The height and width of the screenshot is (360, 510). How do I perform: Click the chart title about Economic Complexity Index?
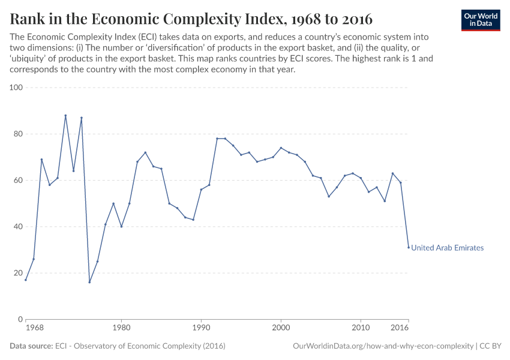click(191, 19)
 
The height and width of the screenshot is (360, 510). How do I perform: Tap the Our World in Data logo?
click(481, 20)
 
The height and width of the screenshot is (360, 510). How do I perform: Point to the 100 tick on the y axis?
click(16, 88)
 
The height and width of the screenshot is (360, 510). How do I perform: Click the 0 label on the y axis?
click(19, 319)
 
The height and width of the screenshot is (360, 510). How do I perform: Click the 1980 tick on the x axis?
click(121, 328)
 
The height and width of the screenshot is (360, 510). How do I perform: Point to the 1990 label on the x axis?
click(201, 328)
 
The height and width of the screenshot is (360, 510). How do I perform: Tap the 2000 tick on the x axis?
click(281, 328)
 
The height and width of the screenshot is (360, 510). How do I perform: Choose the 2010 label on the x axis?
click(361, 328)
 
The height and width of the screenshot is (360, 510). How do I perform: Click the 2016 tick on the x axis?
click(400, 328)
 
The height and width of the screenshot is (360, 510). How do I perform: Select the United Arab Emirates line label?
click(447, 248)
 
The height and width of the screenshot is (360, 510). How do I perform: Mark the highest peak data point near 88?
click(65, 115)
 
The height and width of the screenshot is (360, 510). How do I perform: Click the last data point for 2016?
click(409, 247)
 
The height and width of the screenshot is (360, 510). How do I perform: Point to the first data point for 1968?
click(26, 280)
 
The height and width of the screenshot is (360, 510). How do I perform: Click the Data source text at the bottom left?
click(118, 346)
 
